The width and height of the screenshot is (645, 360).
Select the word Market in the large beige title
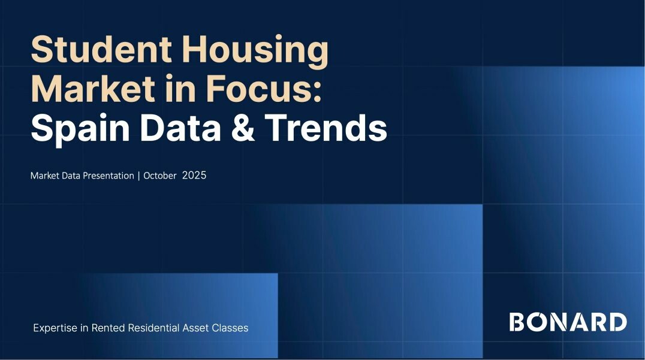pyautogui.click(x=93, y=89)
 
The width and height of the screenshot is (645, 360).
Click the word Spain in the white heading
pyautogui.click(x=80, y=129)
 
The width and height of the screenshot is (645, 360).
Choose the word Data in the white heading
pyautogui.click(x=181, y=128)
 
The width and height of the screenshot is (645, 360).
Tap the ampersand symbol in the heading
pyautogui.click(x=243, y=128)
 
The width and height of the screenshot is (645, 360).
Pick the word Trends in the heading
pyautogui.click(x=325, y=128)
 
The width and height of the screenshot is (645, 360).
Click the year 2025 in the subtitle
pyautogui.click(x=194, y=176)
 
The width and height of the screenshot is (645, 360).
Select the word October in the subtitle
pyautogui.click(x=160, y=176)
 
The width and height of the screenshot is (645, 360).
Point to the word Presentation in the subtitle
pyautogui.click(x=108, y=176)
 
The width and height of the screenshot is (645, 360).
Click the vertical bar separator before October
pyautogui.click(x=139, y=176)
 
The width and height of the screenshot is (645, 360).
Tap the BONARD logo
pyautogui.click(x=568, y=322)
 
